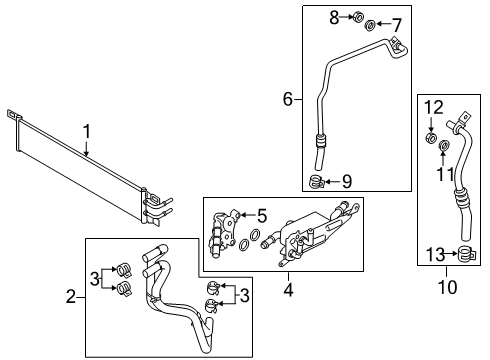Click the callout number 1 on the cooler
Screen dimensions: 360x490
click(x=86, y=131)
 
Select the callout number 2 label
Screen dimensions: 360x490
click(x=71, y=295)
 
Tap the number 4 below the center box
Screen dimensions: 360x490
click(x=289, y=292)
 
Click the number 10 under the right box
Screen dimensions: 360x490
click(x=451, y=289)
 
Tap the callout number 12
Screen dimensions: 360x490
click(x=432, y=107)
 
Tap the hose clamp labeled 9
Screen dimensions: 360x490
click(x=317, y=181)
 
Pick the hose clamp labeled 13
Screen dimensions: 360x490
click(x=465, y=253)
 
